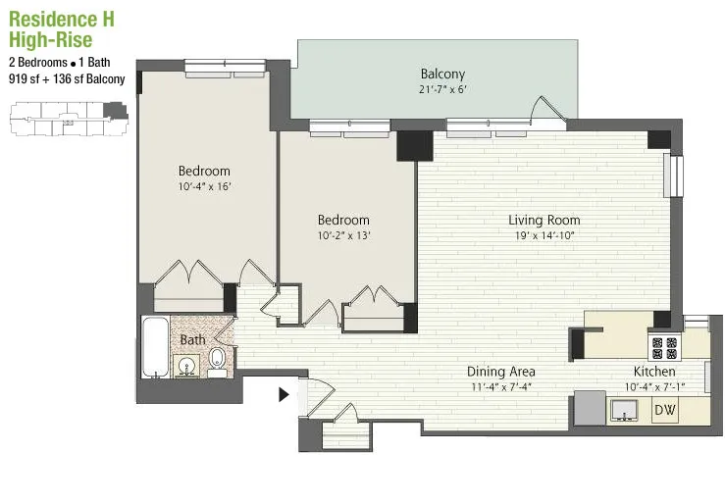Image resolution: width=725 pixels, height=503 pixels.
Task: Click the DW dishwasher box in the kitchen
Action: pos(665,410)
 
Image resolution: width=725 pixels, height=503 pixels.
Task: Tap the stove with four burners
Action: pos(665,346)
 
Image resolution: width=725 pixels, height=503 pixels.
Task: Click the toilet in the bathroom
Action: pos(216,363)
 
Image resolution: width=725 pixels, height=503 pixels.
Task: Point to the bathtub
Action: pos(155,347)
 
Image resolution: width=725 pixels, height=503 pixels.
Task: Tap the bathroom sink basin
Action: pos(186,367)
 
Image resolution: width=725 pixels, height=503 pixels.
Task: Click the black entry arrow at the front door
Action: pos(285,395)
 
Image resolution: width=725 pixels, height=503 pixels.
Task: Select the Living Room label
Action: pos(544,220)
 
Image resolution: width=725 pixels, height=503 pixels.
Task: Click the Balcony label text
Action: pos(442,74)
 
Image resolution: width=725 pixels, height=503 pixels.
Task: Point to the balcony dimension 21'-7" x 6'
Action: pos(442,90)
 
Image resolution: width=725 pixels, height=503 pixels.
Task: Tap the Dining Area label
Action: pos(500,372)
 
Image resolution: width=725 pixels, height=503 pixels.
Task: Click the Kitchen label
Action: pos(653,372)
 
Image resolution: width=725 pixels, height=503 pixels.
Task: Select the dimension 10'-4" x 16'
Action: pos(204,186)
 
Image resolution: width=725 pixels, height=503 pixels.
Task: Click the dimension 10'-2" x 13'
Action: pos(343,235)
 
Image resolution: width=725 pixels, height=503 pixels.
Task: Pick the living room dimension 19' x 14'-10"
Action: pos(544,236)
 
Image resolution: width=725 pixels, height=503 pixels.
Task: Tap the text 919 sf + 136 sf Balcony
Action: pos(67,78)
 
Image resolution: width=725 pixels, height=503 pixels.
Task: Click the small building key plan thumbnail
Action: pos(64,122)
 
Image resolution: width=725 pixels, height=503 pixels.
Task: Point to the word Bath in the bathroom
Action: pos(192,339)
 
